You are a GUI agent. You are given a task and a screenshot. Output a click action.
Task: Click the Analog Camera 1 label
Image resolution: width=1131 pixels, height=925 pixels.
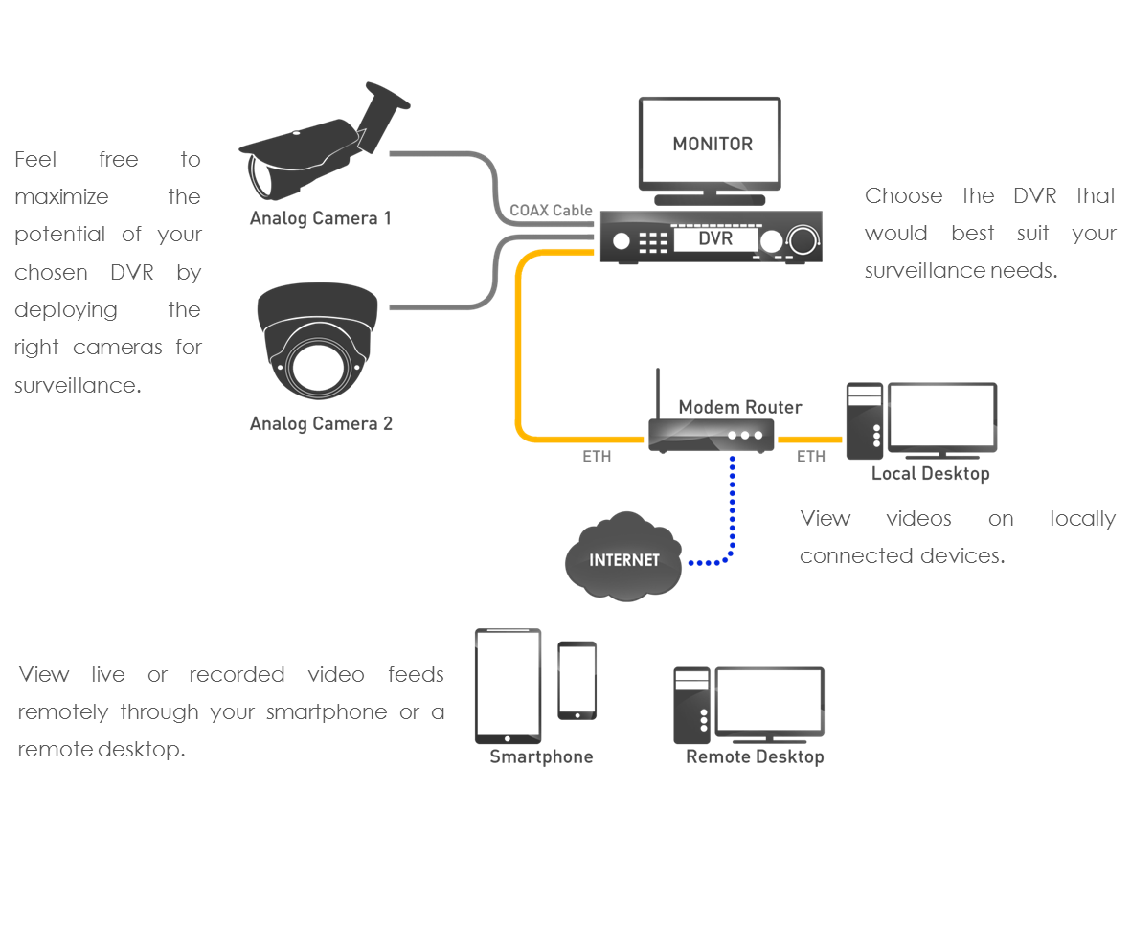coord(320,218)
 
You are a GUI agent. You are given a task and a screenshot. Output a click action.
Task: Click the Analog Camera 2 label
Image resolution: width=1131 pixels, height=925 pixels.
coord(321,423)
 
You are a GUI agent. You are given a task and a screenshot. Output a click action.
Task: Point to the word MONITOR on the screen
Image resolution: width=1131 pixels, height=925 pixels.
coord(713,145)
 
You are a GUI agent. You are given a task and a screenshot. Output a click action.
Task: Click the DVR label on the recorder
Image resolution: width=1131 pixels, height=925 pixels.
coord(715,237)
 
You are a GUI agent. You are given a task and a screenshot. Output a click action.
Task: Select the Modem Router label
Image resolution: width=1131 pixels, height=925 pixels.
coord(740,407)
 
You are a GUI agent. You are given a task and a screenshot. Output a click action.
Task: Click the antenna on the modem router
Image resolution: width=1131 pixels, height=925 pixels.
coord(659,393)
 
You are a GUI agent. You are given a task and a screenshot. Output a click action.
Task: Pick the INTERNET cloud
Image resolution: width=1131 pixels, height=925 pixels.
coord(624,559)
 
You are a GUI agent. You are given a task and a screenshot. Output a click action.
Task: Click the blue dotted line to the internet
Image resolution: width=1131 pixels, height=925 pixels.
coord(733,508)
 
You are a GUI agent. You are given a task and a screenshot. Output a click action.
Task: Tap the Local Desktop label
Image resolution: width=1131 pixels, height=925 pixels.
coord(930,474)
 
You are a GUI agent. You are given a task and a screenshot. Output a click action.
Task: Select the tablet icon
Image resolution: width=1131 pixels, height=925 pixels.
coord(508,686)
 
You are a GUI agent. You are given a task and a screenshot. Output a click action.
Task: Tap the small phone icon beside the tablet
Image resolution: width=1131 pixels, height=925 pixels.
coord(577,680)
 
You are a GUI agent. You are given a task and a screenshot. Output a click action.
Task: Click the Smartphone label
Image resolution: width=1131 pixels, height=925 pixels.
coord(541,756)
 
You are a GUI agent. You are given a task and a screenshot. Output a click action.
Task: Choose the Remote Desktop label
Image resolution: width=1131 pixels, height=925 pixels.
coord(755,756)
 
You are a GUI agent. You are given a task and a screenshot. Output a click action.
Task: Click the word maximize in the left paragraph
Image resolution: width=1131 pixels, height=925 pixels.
coord(61,197)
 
